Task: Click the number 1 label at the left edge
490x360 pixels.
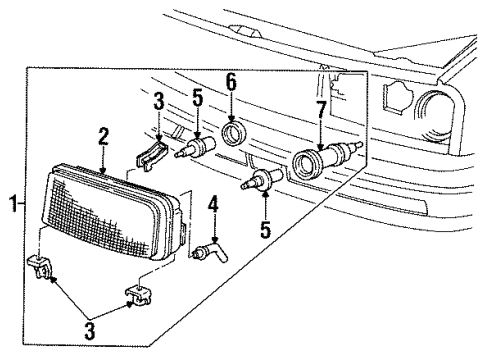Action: pyautogui.click(x=13, y=207)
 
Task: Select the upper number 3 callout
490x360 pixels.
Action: pyautogui.click(x=157, y=103)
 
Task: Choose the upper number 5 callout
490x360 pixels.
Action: pyautogui.click(x=197, y=101)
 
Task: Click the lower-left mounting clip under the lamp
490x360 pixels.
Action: pyautogui.click(x=42, y=268)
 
